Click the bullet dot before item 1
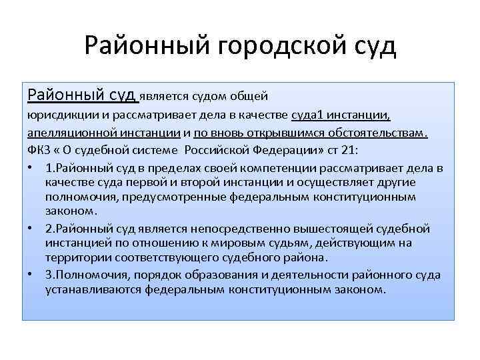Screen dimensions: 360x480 32,167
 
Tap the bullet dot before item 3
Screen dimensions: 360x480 32,275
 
